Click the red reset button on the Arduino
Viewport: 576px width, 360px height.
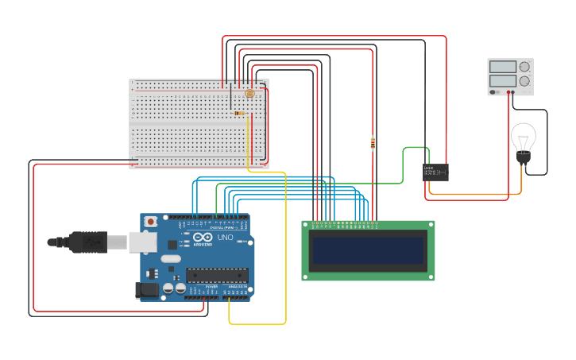point(149,221)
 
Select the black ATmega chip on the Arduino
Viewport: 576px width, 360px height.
point(217,275)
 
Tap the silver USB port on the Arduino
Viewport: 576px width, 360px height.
point(143,241)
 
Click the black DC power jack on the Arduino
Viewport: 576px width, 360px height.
point(146,290)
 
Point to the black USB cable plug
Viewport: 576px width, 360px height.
point(87,242)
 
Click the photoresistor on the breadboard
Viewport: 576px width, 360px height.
point(249,94)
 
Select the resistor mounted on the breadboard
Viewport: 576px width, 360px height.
point(240,113)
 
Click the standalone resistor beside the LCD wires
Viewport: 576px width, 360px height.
point(373,143)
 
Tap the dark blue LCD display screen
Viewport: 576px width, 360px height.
point(369,250)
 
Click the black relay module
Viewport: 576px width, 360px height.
point(435,172)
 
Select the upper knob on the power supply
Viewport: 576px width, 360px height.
point(524,67)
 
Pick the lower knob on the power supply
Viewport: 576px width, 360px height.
point(524,80)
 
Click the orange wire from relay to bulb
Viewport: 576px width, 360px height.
point(477,194)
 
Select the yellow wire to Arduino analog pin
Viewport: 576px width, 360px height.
point(285,254)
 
